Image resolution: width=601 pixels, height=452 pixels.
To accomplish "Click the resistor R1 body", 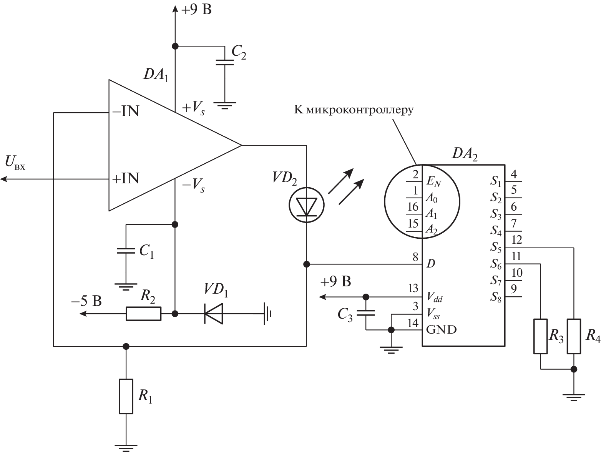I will click(126, 396).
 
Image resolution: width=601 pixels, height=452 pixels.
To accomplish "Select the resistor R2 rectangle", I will click(143, 314).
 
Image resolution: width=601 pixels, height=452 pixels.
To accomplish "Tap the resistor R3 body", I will click(541, 336).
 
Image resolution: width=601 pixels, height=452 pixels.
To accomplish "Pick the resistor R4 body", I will click(574, 336).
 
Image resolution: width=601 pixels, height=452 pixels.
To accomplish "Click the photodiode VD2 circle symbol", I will click(306, 204).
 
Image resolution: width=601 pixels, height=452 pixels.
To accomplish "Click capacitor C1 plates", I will click(126, 251).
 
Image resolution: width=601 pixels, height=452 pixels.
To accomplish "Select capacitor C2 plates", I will click(225, 62).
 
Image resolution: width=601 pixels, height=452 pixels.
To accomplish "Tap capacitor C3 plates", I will click(366, 313).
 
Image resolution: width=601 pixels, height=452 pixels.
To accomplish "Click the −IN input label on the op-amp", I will click(125, 112).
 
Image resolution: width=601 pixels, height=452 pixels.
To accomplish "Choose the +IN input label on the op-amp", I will click(125, 178).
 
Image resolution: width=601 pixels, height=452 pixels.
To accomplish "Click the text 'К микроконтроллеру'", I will click(354, 110).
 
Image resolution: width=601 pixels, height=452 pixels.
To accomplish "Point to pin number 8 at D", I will click(415, 257).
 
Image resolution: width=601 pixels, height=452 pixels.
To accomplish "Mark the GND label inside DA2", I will click(442, 329).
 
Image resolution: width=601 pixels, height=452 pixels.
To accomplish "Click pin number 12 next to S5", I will click(517, 240).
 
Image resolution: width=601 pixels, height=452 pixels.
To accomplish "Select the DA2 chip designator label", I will click(465, 154).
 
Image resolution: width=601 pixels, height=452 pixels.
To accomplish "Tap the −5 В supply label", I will click(86, 301).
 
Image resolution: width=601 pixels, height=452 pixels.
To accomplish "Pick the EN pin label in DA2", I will click(433, 181).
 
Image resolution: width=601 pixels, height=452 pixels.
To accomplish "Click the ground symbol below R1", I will click(126, 447).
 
